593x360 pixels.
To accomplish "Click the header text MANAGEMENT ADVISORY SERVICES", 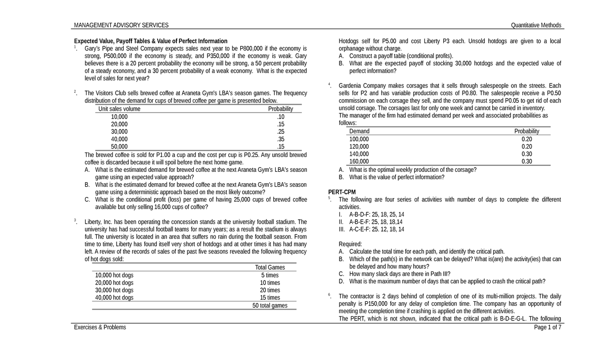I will [121, 25].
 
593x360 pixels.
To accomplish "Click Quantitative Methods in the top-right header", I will [536, 25].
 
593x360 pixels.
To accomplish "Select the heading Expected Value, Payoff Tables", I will [150, 41].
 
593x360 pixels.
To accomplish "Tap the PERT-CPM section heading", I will [342, 192].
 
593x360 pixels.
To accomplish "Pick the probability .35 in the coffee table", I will [281, 139].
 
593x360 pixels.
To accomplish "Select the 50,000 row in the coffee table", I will [119, 147].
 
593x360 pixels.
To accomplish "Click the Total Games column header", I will [270, 267].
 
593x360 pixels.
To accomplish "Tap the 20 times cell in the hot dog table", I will [270, 290].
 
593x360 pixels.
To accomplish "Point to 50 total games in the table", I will [270, 306].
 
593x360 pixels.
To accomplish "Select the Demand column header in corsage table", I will [359, 131].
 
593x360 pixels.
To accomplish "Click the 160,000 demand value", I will [359, 161].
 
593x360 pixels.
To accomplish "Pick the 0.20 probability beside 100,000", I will [526, 139].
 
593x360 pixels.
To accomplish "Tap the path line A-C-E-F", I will [377, 229].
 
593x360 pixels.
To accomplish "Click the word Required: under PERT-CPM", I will [350, 244].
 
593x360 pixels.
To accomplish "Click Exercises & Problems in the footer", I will [100, 327].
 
